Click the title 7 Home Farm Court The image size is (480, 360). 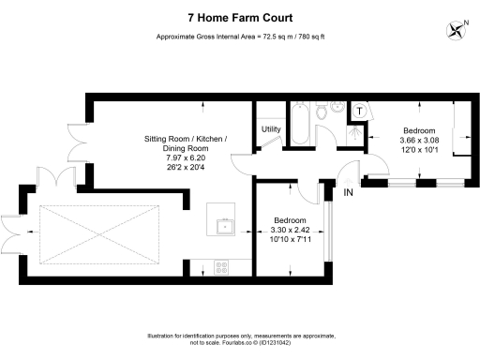pyautogui.click(x=239, y=18)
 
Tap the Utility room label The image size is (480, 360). pyautogui.click(x=271, y=129)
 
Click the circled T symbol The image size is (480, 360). pyautogui.click(x=360, y=111)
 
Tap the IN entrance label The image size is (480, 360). pyautogui.click(x=348, y=193)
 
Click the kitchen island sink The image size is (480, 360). pyautogui.click(x=223, y=226)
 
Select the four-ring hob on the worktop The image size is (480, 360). pyautogui.click(x=224, y=266)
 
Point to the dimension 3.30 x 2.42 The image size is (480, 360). pyautogui.click(x=288, y=230)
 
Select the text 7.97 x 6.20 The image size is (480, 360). pyautogui.click(x=185, y=158)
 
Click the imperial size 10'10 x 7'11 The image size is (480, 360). pyautogui.click(x=288, y=239)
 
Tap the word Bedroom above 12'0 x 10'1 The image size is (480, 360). pyautogui.click(x=418, y=129)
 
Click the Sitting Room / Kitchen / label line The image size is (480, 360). pyautogui.click(x=186, y=139)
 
